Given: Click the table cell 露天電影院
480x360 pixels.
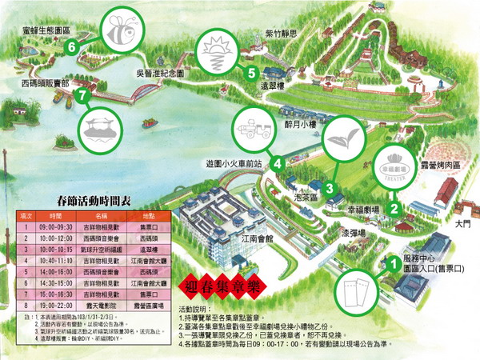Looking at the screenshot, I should click(x=101, y=306).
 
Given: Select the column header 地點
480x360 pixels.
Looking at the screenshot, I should click(x=150, y=217).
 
